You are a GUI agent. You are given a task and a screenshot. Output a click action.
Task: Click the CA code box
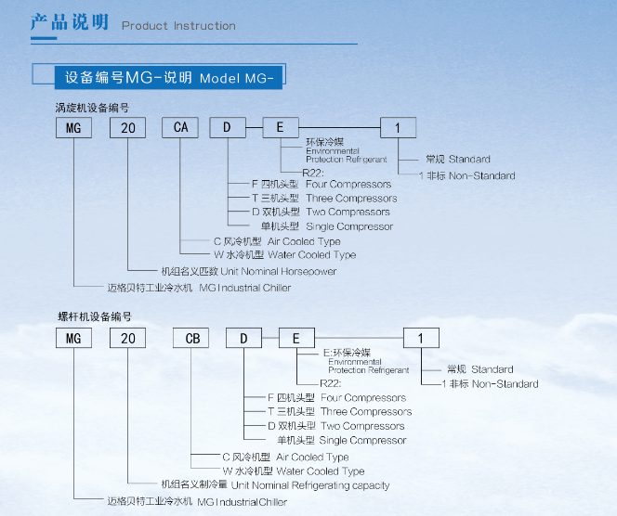[x=180, y=127]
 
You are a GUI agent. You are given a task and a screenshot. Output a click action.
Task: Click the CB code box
[x=192, y=338]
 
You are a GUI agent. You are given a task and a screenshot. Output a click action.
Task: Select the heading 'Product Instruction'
[x=178, y=26]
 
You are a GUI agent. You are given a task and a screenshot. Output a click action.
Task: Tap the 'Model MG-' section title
[x=236, y=76]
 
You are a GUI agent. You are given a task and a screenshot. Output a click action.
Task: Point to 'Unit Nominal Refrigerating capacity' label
[x=310, y=484]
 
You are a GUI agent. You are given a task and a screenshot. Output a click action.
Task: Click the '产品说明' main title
[x=70, y=22]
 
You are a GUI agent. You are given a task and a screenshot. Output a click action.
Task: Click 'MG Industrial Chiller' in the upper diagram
[x=244, y=288]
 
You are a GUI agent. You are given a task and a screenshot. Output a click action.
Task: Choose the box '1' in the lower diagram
[x=421, y=338]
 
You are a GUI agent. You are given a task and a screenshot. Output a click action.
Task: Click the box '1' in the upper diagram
[x=399, y=127]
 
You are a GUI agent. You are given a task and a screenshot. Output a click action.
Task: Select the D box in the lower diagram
[x=243, y=338]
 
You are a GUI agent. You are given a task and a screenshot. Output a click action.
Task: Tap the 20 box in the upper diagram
[x=127, y=127]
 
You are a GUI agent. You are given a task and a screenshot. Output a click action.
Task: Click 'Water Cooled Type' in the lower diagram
[x=318, y=471]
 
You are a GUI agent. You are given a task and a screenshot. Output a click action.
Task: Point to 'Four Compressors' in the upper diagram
[x=348, y=184]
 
